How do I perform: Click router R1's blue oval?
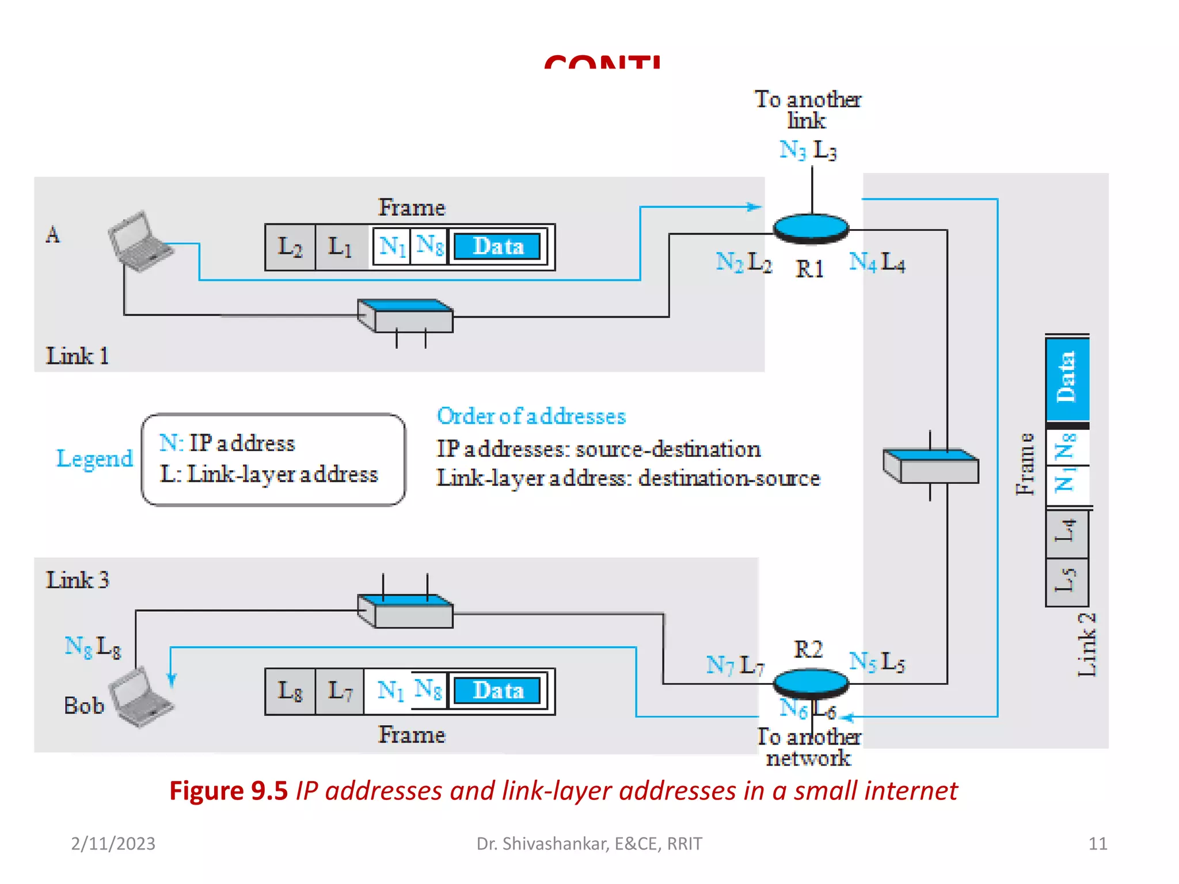point(811,228)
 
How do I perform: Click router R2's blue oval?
point(811,683)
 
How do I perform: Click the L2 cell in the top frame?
point(290,247)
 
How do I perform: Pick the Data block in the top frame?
point(498,247)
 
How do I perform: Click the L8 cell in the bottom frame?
point(290,691)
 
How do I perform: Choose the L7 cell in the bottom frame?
point(340,691)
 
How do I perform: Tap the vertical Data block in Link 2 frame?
point(1067,379)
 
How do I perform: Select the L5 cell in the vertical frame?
point(1067,581)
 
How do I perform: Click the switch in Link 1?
point(405,316)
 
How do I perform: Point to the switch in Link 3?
point(405,611)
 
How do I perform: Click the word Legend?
point(95,459)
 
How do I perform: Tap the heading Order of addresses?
point(531,416)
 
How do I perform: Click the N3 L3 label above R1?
point(808,150)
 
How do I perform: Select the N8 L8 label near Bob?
point(93,647)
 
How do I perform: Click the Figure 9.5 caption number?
point(229,791)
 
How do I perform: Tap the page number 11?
point(1097,844)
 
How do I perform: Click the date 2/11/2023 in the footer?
point(113,844)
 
